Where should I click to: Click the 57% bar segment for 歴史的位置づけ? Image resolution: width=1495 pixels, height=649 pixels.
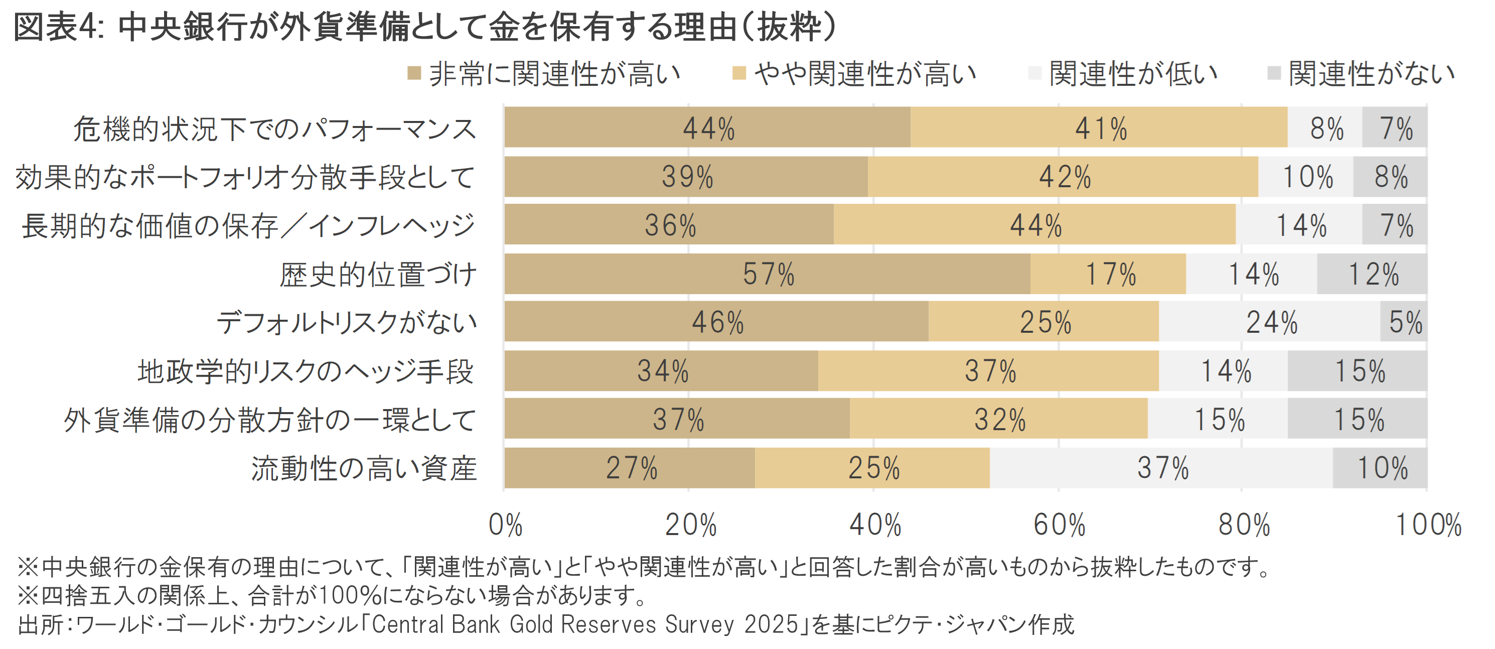point(767,274)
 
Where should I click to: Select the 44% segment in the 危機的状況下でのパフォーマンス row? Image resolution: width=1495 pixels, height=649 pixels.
point(707,127)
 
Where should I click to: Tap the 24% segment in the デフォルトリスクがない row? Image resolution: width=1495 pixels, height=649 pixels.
point(1270,322)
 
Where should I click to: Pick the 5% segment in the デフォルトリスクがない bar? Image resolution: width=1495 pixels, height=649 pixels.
point(1404,322)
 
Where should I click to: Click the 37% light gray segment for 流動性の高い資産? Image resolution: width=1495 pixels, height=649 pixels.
point(1161,467)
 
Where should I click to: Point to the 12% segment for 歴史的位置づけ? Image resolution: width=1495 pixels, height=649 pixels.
point(1372,274)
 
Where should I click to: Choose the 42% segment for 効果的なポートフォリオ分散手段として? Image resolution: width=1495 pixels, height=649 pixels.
point(1063,177)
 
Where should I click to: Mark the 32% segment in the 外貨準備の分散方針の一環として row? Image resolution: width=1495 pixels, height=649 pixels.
point(999,419)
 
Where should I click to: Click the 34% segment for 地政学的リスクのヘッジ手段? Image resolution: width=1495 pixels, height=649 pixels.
point(662,370)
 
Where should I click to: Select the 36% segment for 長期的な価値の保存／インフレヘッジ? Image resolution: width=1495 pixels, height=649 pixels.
point(669,225)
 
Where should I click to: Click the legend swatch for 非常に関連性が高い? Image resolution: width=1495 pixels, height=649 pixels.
point(414,74)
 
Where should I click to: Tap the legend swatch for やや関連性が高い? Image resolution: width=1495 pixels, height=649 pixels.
point(739,74)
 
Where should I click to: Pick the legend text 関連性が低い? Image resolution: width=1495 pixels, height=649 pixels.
point(1133,74)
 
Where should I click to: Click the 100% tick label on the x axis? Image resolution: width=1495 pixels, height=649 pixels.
point(1428,525)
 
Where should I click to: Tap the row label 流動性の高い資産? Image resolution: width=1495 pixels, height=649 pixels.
point(364,468)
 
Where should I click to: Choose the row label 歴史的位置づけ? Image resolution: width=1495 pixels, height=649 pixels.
point(378,274)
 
